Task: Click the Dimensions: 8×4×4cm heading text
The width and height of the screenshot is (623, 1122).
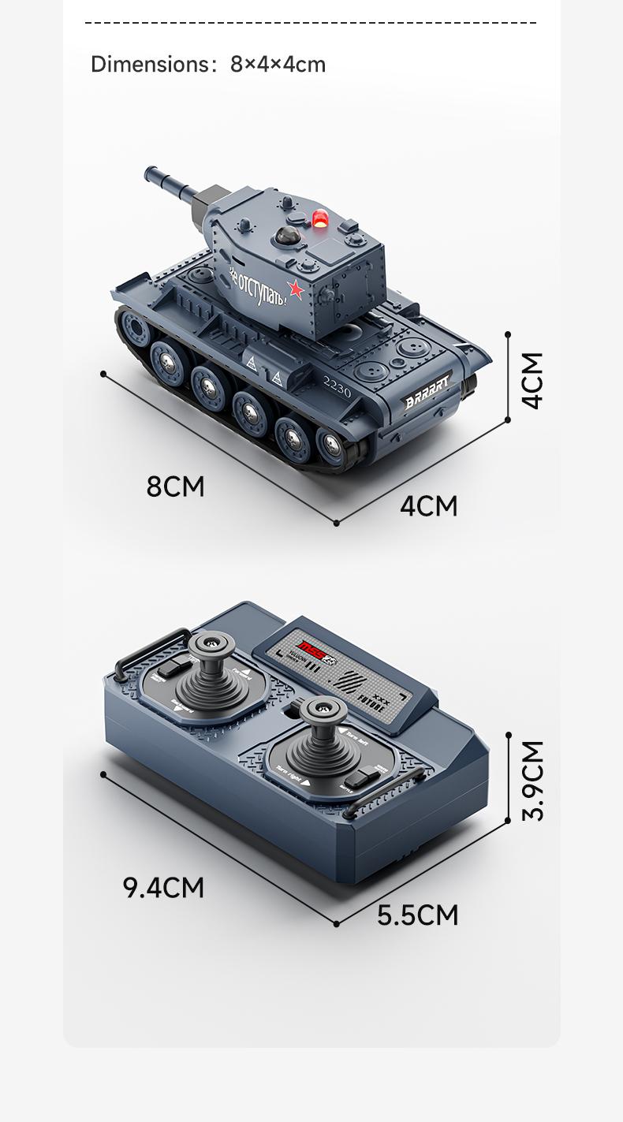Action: [208, 64]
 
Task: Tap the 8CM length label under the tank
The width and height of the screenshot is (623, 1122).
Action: [175, 486]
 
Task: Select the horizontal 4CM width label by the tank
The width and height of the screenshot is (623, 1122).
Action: [428, 505]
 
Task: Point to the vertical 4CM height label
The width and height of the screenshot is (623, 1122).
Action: [533, 380]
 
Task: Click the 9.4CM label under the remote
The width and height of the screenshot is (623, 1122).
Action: [163, 887]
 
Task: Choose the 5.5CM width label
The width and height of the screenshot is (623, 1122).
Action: [417, 915]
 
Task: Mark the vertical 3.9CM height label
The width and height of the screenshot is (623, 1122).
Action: [533, 780]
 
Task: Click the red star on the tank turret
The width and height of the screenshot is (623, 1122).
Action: [296, 289]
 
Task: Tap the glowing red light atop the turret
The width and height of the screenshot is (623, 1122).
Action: [320, 218]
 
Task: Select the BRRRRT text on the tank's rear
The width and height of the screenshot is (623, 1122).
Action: [427, 392]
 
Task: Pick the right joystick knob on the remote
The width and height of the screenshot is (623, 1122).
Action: [323, 709]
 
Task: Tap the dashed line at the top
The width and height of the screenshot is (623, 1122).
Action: [311, 23]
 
